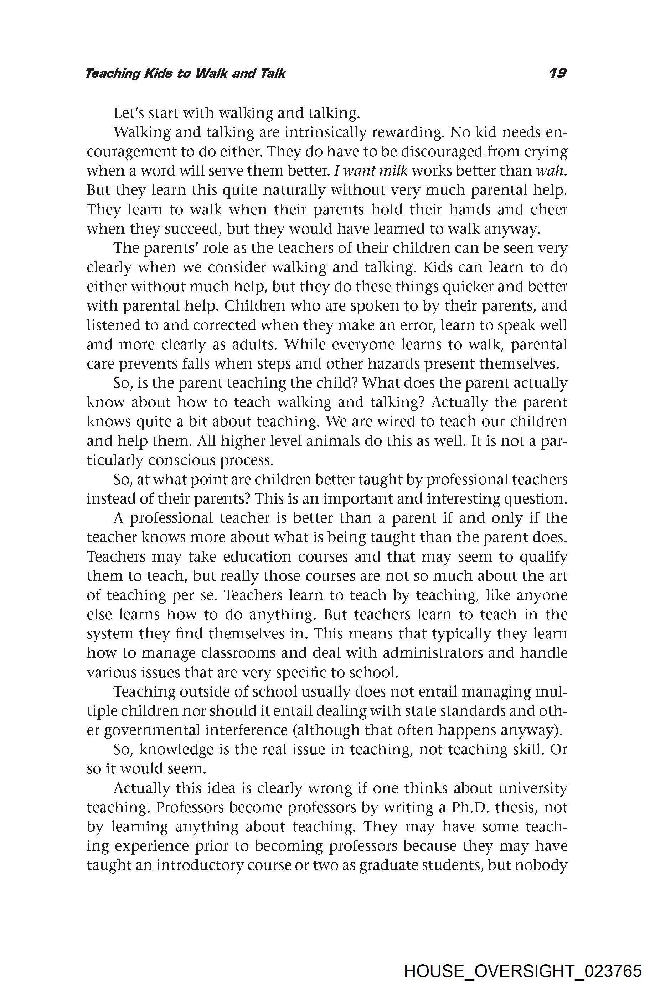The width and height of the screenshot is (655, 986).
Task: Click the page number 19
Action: (557, 73)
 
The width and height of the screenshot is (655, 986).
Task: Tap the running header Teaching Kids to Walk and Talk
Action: (185, 73)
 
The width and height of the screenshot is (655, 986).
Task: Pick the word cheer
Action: (548, 209)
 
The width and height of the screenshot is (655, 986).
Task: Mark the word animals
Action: (335, 441)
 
